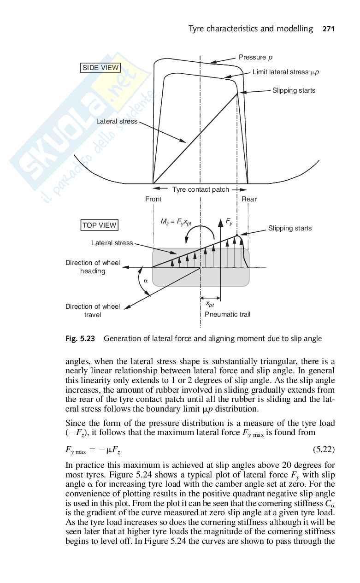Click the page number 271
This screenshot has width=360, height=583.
pyautogui.click(x=328, y=29)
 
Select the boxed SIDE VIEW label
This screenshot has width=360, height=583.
pyautogui.click(x=100, y=68)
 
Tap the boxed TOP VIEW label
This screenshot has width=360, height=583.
pyautogui.click(x=100, y=225)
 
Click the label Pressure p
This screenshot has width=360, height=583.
pyautogui.click(x=255, y=57)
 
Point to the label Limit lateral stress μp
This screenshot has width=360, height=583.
pyautogui.click(x=286, y=72)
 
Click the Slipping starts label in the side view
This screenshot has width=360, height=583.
pyautogui.click(x=294, y=90)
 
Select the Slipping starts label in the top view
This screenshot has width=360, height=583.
pyautogui.click(x=290, y=228)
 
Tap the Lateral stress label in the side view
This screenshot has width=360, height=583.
pyautogui.click(x=117, y=121)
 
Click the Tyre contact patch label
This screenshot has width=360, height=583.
pyautogui.click(x=201, y=189)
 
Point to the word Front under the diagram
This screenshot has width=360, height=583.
pyautogui.click(x=153, y=199)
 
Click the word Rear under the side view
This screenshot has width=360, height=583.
pyautogui.click(x=249, y=199)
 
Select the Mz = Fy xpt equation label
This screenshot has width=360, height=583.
pyautogui.click(x=177, y=222)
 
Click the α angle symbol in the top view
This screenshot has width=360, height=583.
pyautogui.click(x=145, y=280)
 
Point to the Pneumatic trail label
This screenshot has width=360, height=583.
pyautogui.click(x=227, y=314)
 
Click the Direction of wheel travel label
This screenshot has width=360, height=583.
pyautogui.click(x=92, y=311)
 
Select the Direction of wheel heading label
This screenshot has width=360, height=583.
pyautogui.click(x=92, y=267)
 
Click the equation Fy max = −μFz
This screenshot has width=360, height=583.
pyautogui.click(x=94, y=449)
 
